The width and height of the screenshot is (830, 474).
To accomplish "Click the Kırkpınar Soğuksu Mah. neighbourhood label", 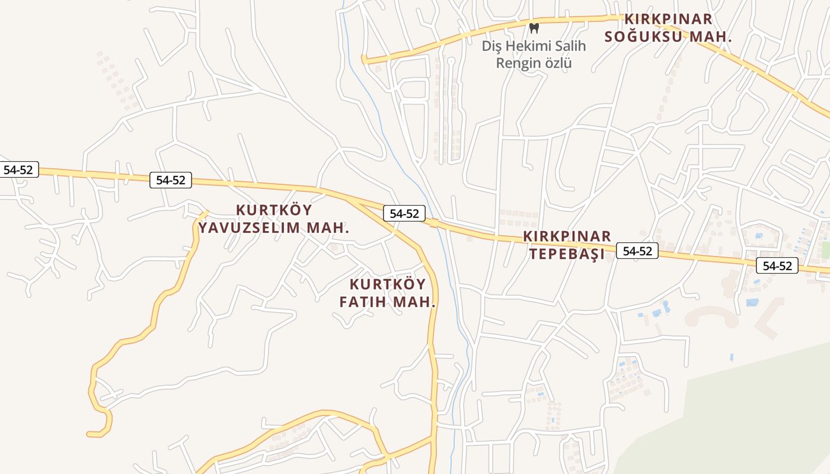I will [668, 28].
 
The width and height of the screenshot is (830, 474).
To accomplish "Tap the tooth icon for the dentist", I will [534, 28].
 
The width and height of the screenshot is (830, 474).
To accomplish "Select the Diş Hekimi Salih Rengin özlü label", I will [534, 55].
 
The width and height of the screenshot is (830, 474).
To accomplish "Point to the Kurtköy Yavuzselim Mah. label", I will [274, 219].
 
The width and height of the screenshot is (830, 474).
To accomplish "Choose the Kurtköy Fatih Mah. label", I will [388, 293].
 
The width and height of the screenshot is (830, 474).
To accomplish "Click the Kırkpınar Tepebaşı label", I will [567, 245].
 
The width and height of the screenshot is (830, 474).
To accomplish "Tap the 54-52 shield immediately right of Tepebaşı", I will [637, 251].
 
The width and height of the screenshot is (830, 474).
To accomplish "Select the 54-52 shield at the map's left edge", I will [18, 169].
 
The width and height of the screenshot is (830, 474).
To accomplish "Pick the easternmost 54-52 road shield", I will [777, 266].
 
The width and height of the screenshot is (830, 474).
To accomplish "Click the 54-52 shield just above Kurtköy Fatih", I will [404, 214].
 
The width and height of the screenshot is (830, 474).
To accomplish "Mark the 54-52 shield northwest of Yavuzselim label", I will [171, 180].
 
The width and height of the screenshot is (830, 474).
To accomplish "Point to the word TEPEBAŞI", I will [567, 254].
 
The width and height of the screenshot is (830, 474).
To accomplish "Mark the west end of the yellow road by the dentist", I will [364, 59].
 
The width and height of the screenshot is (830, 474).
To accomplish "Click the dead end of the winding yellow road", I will [89, 434].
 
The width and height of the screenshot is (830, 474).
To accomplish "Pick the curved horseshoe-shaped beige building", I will [712, 316].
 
